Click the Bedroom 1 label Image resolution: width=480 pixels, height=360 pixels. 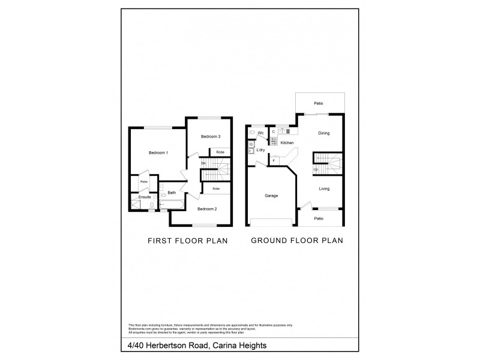coord(158,153)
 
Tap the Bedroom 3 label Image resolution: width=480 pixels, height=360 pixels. coord(210,137)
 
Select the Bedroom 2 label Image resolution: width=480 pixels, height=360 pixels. coord(207,209)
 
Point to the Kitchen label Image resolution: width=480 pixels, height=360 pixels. coord(287,143)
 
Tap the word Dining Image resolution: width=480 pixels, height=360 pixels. coord(323,133)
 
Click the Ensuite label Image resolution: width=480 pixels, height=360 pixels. coord(145,197)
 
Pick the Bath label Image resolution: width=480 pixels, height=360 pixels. coord(172,193)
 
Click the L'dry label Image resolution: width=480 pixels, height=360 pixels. coord(261,149)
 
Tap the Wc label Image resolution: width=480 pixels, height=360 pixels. coord(261,133)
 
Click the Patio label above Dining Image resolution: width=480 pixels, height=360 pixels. coord(319,104)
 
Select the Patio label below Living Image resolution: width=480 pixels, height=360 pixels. coord(319,218)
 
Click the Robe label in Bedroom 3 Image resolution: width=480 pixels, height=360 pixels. coord(220,152)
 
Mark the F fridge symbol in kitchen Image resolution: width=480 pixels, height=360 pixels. coord(274,160)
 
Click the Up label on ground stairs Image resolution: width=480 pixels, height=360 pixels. coord(316,169)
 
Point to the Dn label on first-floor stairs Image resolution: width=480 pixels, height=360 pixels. coord(203,163)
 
